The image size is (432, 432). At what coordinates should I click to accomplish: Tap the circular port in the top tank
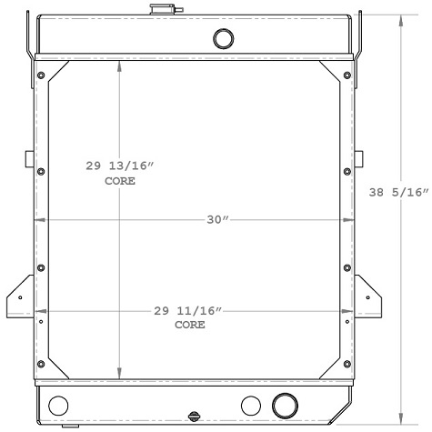(x=222, y=38)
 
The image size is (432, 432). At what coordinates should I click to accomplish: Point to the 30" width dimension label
(x=215, y=220)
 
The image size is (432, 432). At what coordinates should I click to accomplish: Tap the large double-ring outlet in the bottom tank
(x=285, y=405)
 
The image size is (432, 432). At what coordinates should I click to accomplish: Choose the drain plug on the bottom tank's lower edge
(x=194, y=418)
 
